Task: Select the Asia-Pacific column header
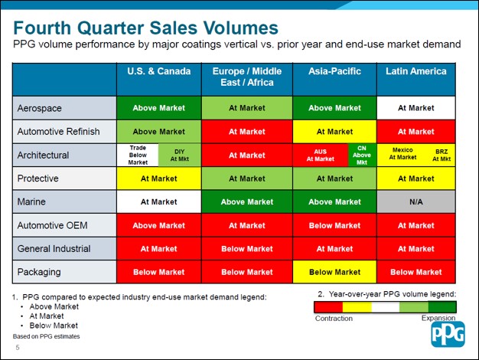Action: tap(334, 72)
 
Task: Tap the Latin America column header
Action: tap(415, 72)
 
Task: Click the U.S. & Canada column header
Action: tap(158, 72)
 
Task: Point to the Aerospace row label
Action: tap(39, 108)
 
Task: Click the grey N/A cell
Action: tap(415, 202)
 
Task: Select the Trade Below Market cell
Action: tap(138, 155)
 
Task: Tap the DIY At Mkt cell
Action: tap(180, 155)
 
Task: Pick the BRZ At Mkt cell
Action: tap(442, 155)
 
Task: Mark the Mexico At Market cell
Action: tap(402, 155)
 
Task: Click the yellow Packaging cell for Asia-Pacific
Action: tap(334, 272)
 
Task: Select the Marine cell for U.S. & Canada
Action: tap(158, 202)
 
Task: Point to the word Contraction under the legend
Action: tap(334, 318)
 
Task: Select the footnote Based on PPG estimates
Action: tap(45, 336)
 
